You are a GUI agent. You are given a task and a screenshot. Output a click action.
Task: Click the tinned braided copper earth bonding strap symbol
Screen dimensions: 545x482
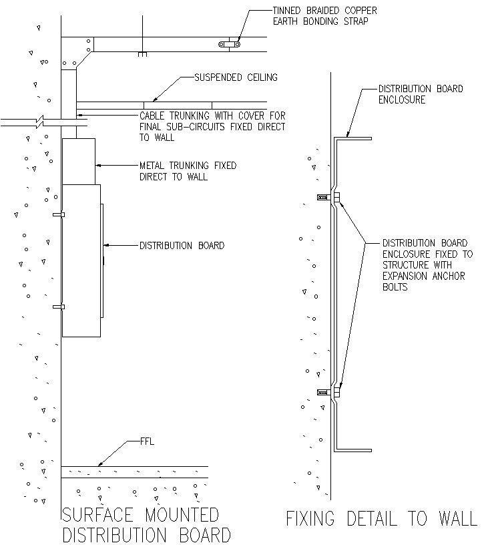tap(230, 45)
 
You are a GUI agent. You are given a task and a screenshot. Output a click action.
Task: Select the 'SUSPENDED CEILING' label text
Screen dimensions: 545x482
tap(236, 77)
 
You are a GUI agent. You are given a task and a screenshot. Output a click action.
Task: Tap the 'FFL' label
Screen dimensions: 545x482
tap(148, 441)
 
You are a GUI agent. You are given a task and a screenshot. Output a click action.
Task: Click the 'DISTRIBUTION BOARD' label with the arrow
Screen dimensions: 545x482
tap(182, 246)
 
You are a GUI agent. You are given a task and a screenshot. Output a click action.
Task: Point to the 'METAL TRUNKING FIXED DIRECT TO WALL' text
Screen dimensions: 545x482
tap(187, 171)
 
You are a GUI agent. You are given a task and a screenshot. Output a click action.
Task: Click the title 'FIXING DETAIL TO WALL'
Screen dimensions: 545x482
tap(381, 519)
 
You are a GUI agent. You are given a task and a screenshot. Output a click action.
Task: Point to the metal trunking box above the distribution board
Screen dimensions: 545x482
tap(79, 161)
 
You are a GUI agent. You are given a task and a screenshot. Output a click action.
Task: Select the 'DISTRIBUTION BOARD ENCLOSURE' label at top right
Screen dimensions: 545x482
tap(421, 94)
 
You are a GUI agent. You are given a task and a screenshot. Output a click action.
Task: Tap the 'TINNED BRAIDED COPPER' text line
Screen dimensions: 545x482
tap(324, 11)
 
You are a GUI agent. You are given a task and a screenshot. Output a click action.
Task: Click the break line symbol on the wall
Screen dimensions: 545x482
tap(41, 123)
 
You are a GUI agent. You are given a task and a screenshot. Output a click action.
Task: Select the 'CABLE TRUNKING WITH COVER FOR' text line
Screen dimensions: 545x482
tap(212, 116)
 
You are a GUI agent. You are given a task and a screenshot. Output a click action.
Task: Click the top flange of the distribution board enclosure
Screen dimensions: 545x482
tap(353, 139)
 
